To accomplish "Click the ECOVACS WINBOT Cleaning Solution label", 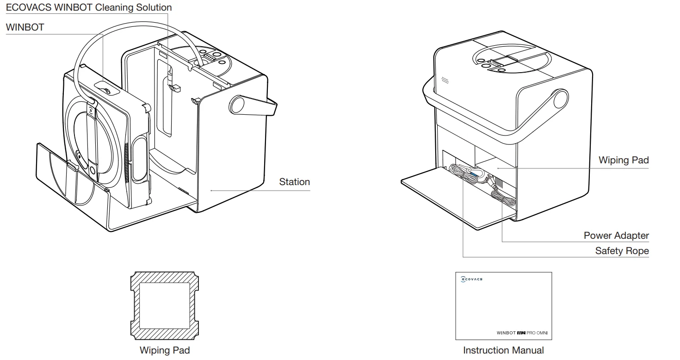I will click(x=88, y=8).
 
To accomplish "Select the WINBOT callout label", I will click(x=25, y=27).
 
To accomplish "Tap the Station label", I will click(x=294, y=182).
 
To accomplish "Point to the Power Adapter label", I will click(x=616, y=236).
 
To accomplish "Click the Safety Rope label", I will click(x=622, y=251).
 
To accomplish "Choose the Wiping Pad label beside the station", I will click(x=623, y=160).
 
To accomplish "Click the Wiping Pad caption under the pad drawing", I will click(x=165, y=350).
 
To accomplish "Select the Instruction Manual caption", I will click(x=503, y=350).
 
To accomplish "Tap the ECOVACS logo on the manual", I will click(x=472, y=279).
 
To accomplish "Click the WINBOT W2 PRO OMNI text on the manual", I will click(x=525, y=333).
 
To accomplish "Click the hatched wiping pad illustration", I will click(x=165, y=305).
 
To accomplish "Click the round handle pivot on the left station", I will click(x=237, y=104).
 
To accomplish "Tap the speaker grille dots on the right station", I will click(x=445, y=80).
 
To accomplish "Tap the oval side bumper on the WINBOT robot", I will click(x=138, y=160).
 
